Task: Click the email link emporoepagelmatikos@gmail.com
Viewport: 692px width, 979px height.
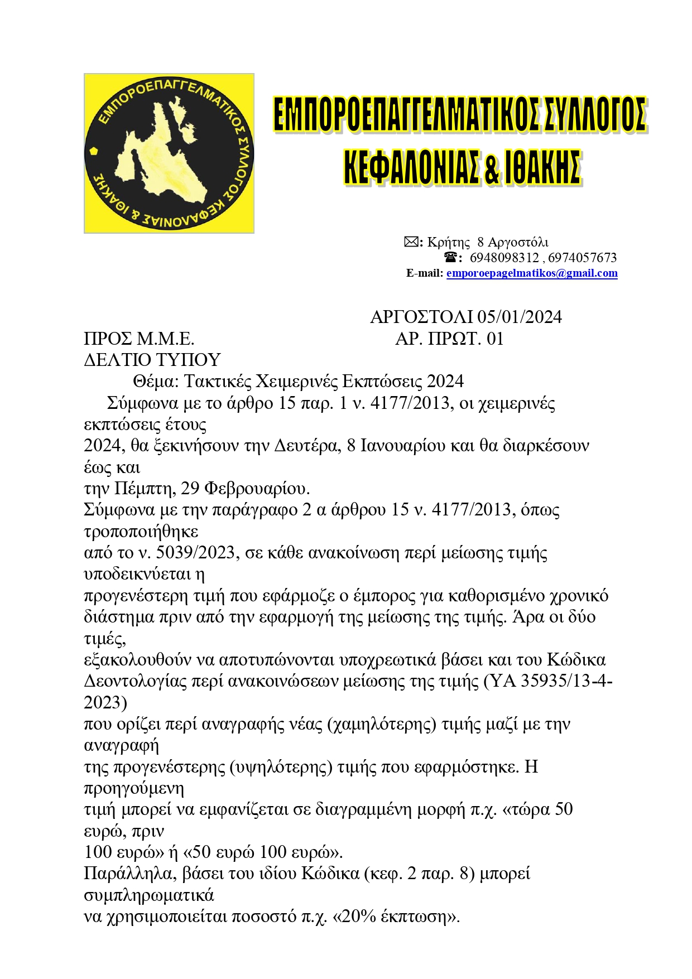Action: (x=531, y=273)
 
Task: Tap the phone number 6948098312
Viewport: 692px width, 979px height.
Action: (x=504, y=258)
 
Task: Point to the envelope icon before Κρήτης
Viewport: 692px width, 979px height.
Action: (x=411, y=242)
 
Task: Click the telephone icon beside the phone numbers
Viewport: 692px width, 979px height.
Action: (x=451, y=257)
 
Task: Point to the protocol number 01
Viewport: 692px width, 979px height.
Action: (x=495, y=339)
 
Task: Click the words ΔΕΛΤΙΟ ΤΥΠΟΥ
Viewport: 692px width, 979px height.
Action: (x=152, y=360)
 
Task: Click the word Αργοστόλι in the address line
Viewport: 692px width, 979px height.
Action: (x=518, y=242)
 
